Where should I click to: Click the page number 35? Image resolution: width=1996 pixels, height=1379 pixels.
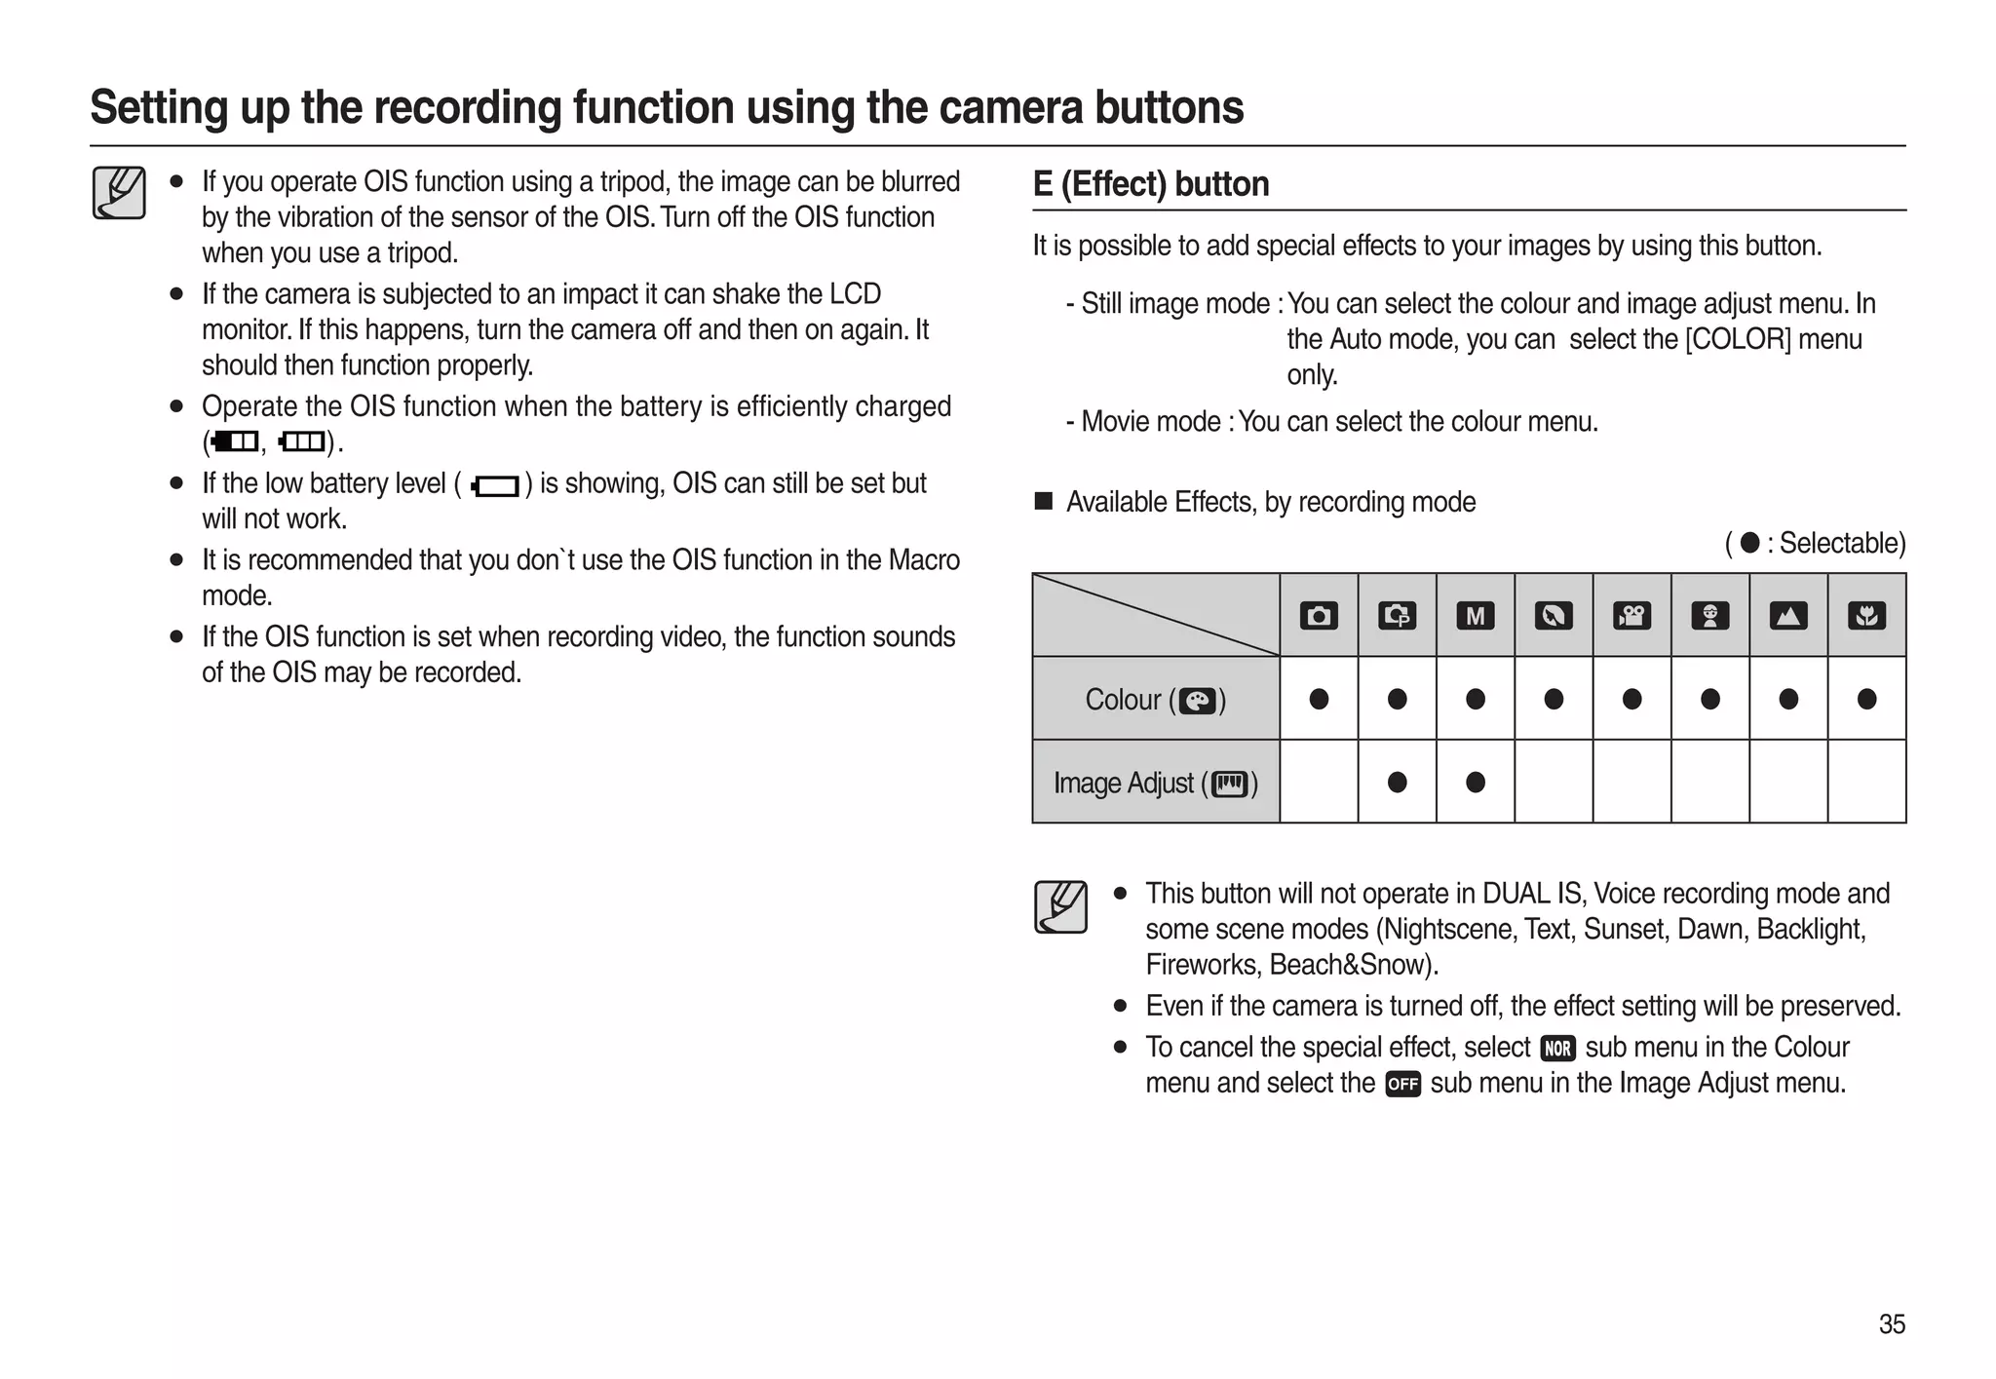click(x=1891, y=1323)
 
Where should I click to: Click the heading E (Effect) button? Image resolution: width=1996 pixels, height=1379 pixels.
click(x=1150, y=184)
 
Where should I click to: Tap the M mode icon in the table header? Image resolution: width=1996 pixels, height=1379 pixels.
click(x=1475, y=616)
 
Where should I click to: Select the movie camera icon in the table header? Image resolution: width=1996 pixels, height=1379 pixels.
click(x=1631, y=616)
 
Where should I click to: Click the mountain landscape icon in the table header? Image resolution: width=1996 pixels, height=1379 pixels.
click(x=1787, y=616)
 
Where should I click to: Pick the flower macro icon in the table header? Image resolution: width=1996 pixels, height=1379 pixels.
click(x=1866, y=616)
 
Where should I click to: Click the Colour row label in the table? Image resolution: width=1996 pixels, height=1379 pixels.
click(x=1155, y=700)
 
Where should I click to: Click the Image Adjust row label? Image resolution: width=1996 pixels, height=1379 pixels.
click(x=1155, y=783)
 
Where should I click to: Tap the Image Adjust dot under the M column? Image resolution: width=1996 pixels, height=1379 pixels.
click(x=1475, y=782)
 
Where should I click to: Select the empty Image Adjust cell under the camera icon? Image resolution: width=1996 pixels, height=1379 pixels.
click(x=1319, y=782)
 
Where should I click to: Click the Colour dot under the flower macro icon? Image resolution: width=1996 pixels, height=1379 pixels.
click(x=1866, y=699)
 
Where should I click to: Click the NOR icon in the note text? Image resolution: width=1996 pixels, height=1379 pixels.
click(x=1557, y=1049)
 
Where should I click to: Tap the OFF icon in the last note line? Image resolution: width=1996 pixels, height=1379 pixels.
click(x=1402, y=1084)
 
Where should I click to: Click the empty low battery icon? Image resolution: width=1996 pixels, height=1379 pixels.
click(x=495, y=485)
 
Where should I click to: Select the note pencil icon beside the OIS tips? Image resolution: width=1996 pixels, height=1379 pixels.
click(x=119, y=193)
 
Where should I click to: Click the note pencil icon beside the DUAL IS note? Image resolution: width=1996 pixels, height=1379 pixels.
click(x=1060, y=907)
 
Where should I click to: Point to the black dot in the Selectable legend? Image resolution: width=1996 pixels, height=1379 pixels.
click(x=1749, y=543)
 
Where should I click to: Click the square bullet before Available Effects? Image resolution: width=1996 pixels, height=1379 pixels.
click(x=1044, y=502)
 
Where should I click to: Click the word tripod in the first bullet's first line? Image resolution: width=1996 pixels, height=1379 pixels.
click(x=632, y=182)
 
